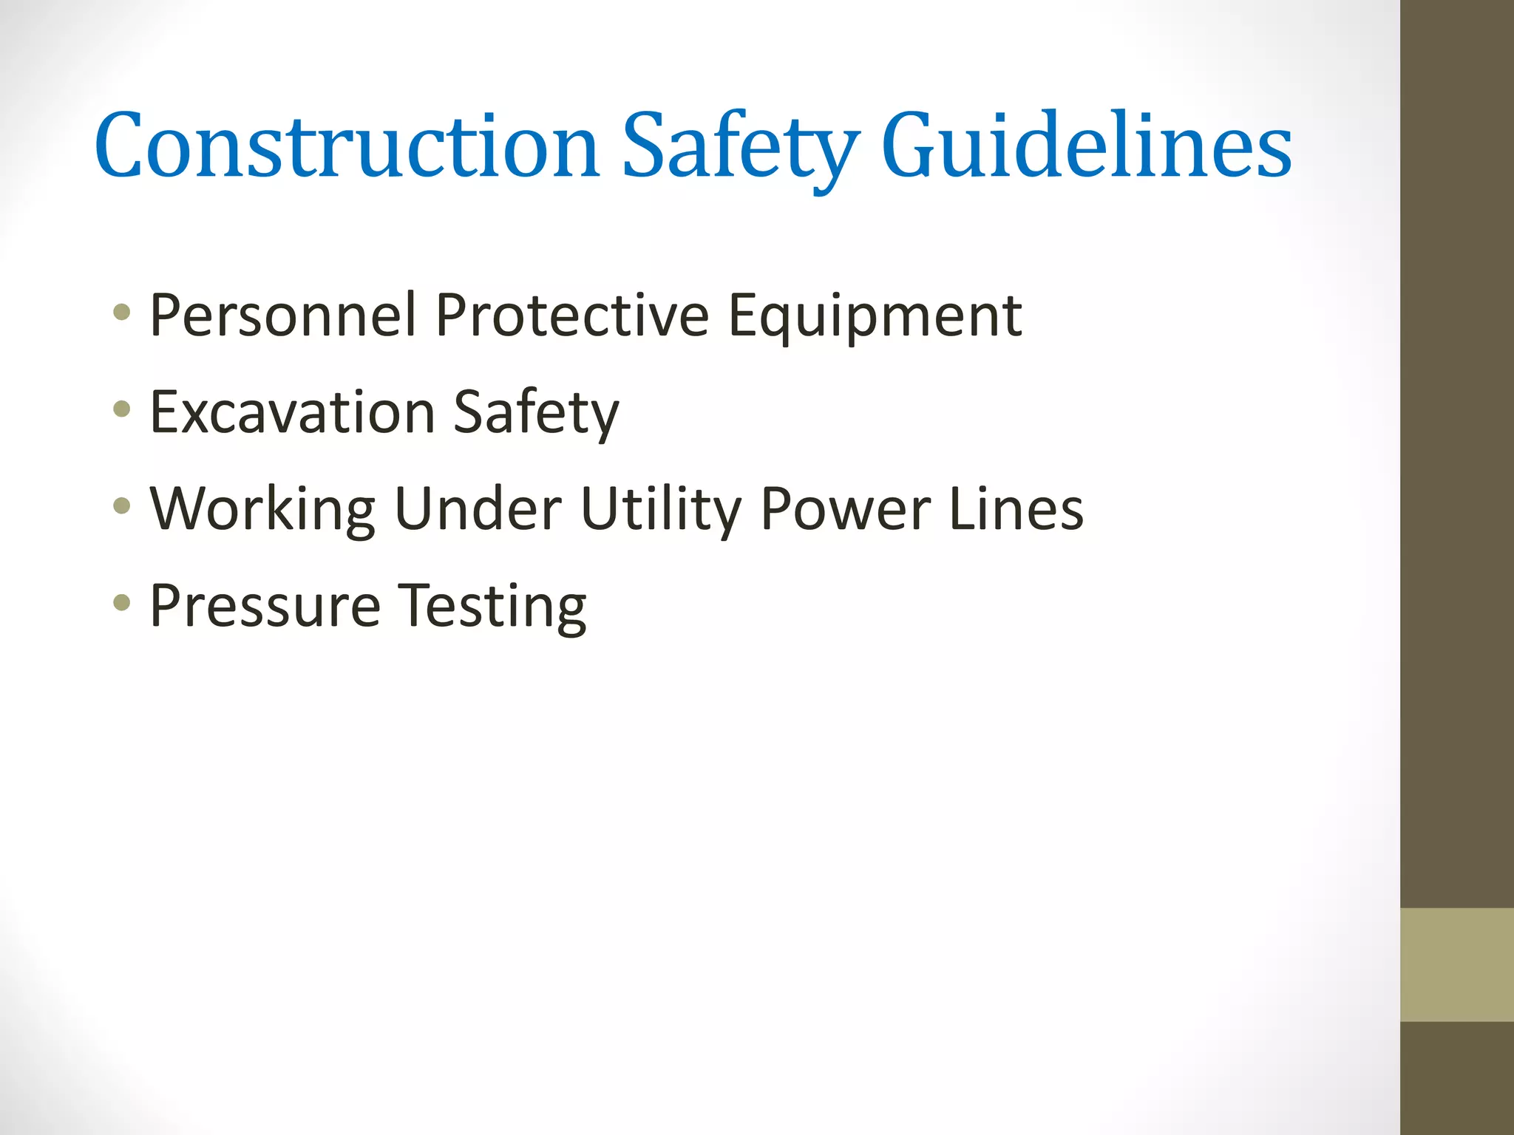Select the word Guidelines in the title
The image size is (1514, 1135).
(1086, 146)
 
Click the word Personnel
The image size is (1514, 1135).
(283, 316)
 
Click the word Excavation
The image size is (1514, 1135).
(292, 412)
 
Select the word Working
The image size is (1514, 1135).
(263, 510)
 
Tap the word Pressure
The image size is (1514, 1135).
(265, 606)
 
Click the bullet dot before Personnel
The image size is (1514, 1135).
(122, 312)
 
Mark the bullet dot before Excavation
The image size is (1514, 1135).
(122, 409)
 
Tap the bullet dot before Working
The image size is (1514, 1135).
(122, 506)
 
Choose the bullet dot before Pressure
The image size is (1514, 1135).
(122, 603)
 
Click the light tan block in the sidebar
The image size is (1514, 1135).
(1456, 964)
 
